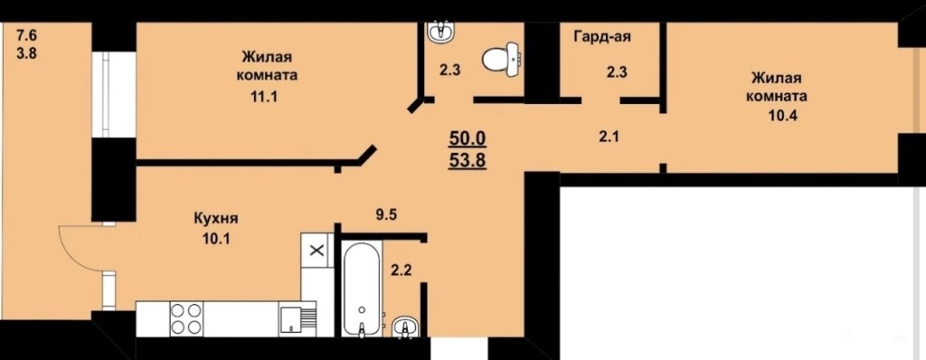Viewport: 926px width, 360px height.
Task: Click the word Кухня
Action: [215, 219]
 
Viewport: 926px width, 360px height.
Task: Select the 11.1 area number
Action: [264, 97]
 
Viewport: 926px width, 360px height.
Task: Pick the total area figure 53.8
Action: [468, 159]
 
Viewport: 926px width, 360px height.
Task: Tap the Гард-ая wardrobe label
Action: [602, 37]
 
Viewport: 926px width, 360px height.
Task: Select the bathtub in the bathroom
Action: [362, 290]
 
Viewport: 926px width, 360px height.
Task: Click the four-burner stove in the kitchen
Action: [186, 319]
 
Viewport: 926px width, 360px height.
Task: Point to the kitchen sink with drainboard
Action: [298, 319]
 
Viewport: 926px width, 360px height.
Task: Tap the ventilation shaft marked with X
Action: [317, 250]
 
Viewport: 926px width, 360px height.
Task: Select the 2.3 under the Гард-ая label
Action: [616, 72]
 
